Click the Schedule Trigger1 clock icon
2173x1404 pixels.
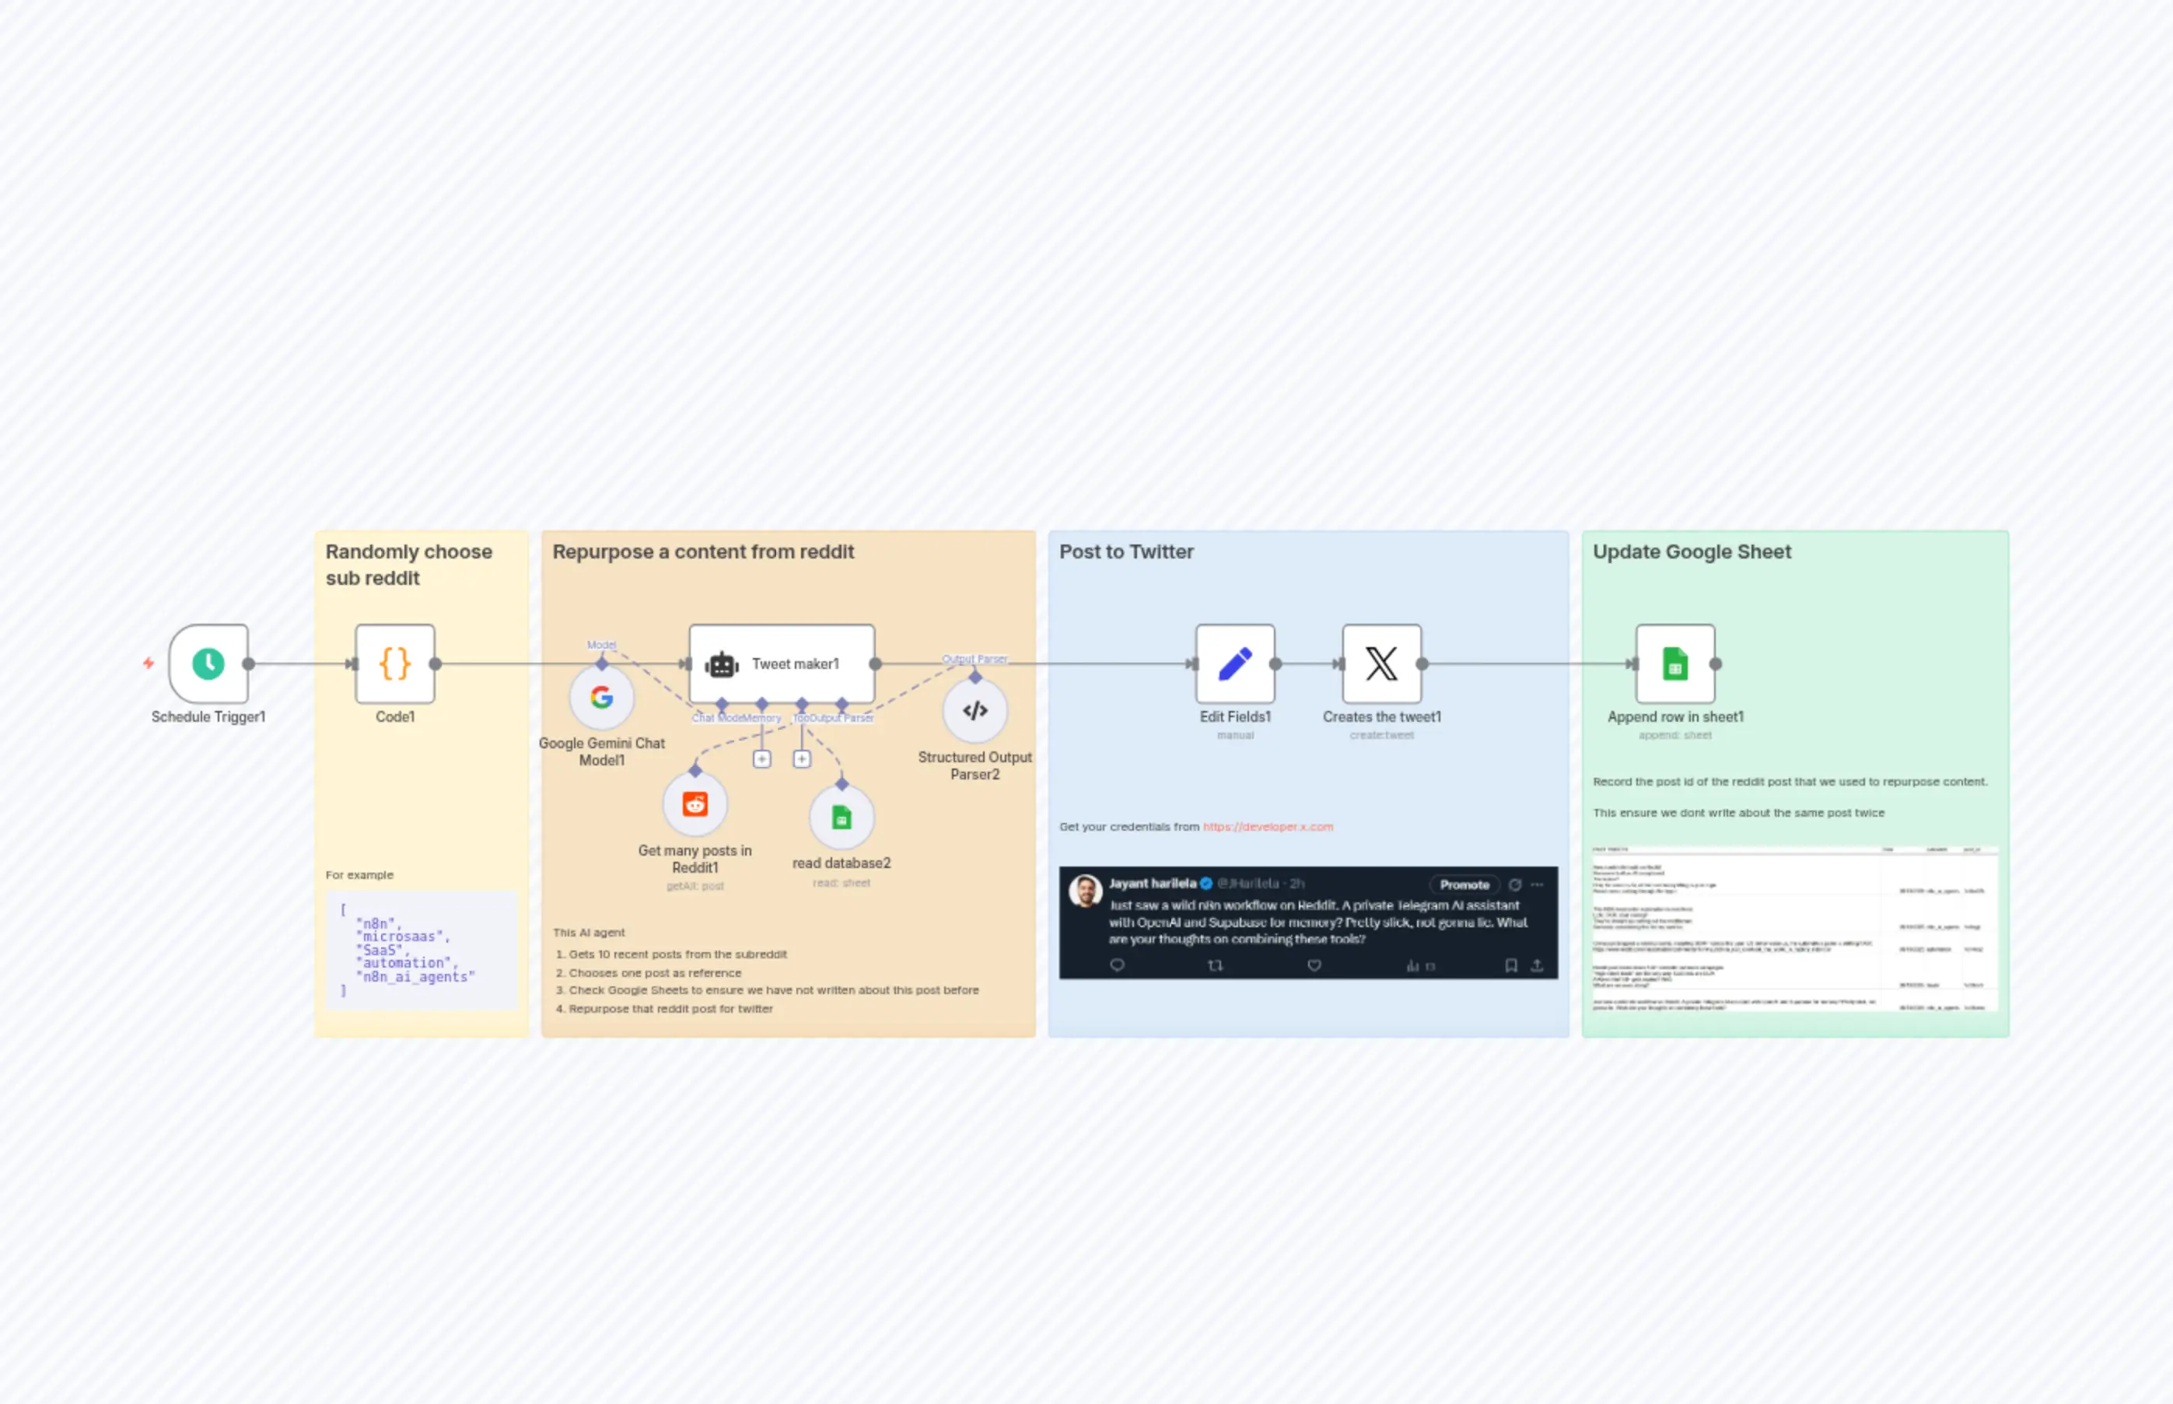pyautogui.click(x=208, y=663)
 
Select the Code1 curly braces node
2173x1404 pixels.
pyautogui.click(x=394, y=663)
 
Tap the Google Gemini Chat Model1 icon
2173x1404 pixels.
pyautogui.click(x=602, y=698)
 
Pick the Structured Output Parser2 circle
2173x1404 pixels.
pyautogui.click(x=975, y=710)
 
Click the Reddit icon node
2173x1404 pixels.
pyautogui.click(x=695, y=804)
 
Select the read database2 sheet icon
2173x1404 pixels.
pyautogui.click(x=842, y=817)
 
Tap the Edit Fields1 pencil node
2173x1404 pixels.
pyautogui.click(x=1235, y=663)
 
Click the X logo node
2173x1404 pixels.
pyautogui.click(x=1381, y=663)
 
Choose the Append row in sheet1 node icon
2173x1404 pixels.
pyautogui.click(x=1674, y=663)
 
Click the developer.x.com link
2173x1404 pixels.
pyautogui.click(x=1267, y=827)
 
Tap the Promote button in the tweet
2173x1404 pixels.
pyautogui.click(x=1464, y=884)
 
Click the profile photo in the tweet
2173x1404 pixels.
pyautogui.click(x=1085, y=890)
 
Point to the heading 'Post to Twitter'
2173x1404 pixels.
pyautogui.click(x=1125, y=551)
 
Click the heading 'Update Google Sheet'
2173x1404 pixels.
pyautogui.click(x=1692, y=551)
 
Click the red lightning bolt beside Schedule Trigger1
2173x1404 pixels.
pyautogui.click(x=149, y=663)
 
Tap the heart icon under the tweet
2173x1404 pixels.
pyautogui.click(x=1314, y=965)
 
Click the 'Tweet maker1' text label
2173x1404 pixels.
pyautogui.click(x=795, y=664)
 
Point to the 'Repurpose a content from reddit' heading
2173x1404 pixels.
pyautogui.click(x=703, y=551)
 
